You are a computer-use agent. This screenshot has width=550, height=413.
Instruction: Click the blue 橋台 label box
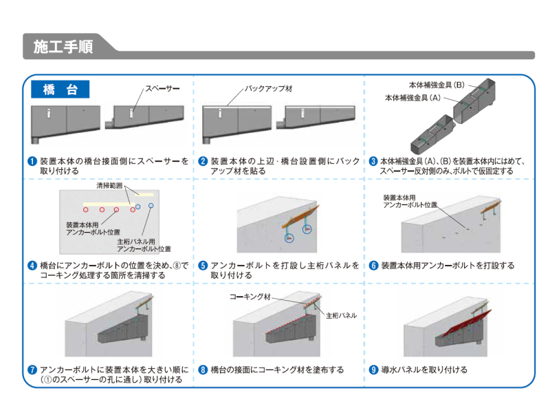[60, 89]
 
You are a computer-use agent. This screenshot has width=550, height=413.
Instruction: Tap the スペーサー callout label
[162, 88]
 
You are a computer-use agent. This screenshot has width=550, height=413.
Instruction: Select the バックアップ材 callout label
[269, 89]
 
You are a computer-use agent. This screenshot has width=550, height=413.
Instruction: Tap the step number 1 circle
[32, 162]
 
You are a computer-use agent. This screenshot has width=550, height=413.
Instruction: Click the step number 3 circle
[373, 162]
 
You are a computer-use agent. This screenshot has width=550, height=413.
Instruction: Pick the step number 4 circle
[32, 266]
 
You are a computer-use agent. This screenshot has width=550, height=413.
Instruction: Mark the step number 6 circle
[373, 266]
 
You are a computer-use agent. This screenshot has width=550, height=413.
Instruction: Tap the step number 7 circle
[32, 370]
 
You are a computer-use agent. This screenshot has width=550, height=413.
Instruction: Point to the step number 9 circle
[373, 370]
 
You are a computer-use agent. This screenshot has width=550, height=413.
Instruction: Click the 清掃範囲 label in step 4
[109, 186]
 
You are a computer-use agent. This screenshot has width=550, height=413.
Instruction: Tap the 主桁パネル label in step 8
[341, 315]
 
